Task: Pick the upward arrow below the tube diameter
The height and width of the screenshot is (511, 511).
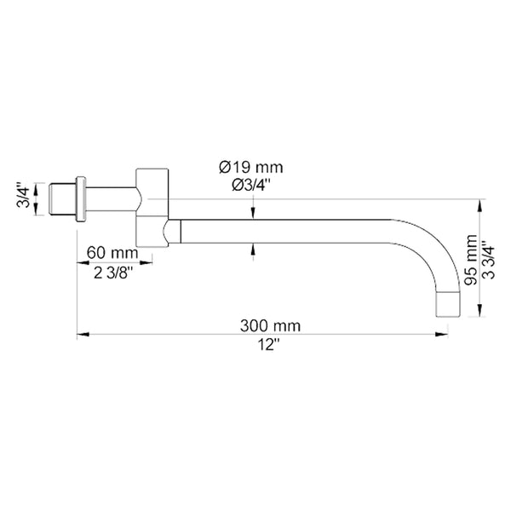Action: click(252, 247)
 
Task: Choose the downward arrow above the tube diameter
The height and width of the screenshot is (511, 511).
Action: click(252, 213)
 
